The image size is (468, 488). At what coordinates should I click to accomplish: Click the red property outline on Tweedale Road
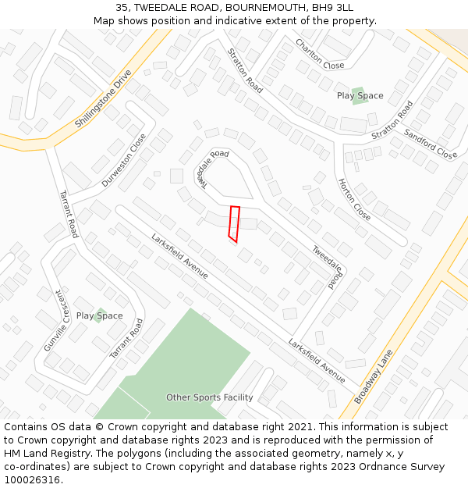233,223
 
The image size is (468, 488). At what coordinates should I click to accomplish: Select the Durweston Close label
124,160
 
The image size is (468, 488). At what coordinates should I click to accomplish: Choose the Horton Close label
354,199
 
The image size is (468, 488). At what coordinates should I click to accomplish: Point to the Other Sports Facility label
209,397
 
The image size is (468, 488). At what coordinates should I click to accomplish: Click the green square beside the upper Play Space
359,96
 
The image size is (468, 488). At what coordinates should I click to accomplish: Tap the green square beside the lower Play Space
99,315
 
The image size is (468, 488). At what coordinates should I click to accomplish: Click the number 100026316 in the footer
31,480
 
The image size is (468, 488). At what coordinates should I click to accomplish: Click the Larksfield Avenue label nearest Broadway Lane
317,361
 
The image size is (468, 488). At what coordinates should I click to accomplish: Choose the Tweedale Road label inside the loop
211,168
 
